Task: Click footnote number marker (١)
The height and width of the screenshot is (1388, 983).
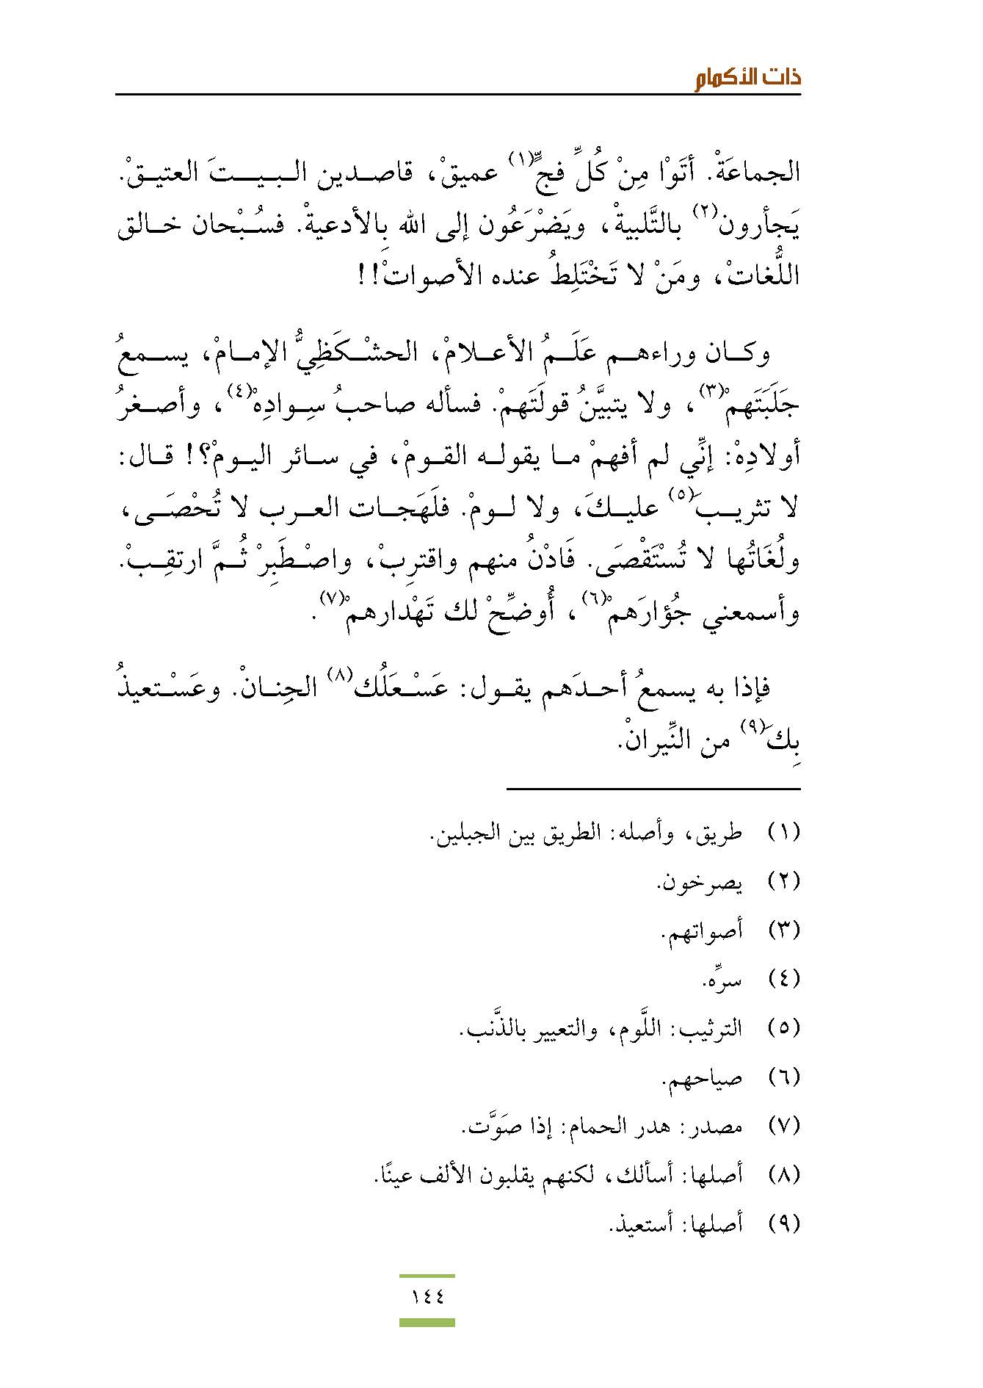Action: pyautogui.click(x=783, y=833)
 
